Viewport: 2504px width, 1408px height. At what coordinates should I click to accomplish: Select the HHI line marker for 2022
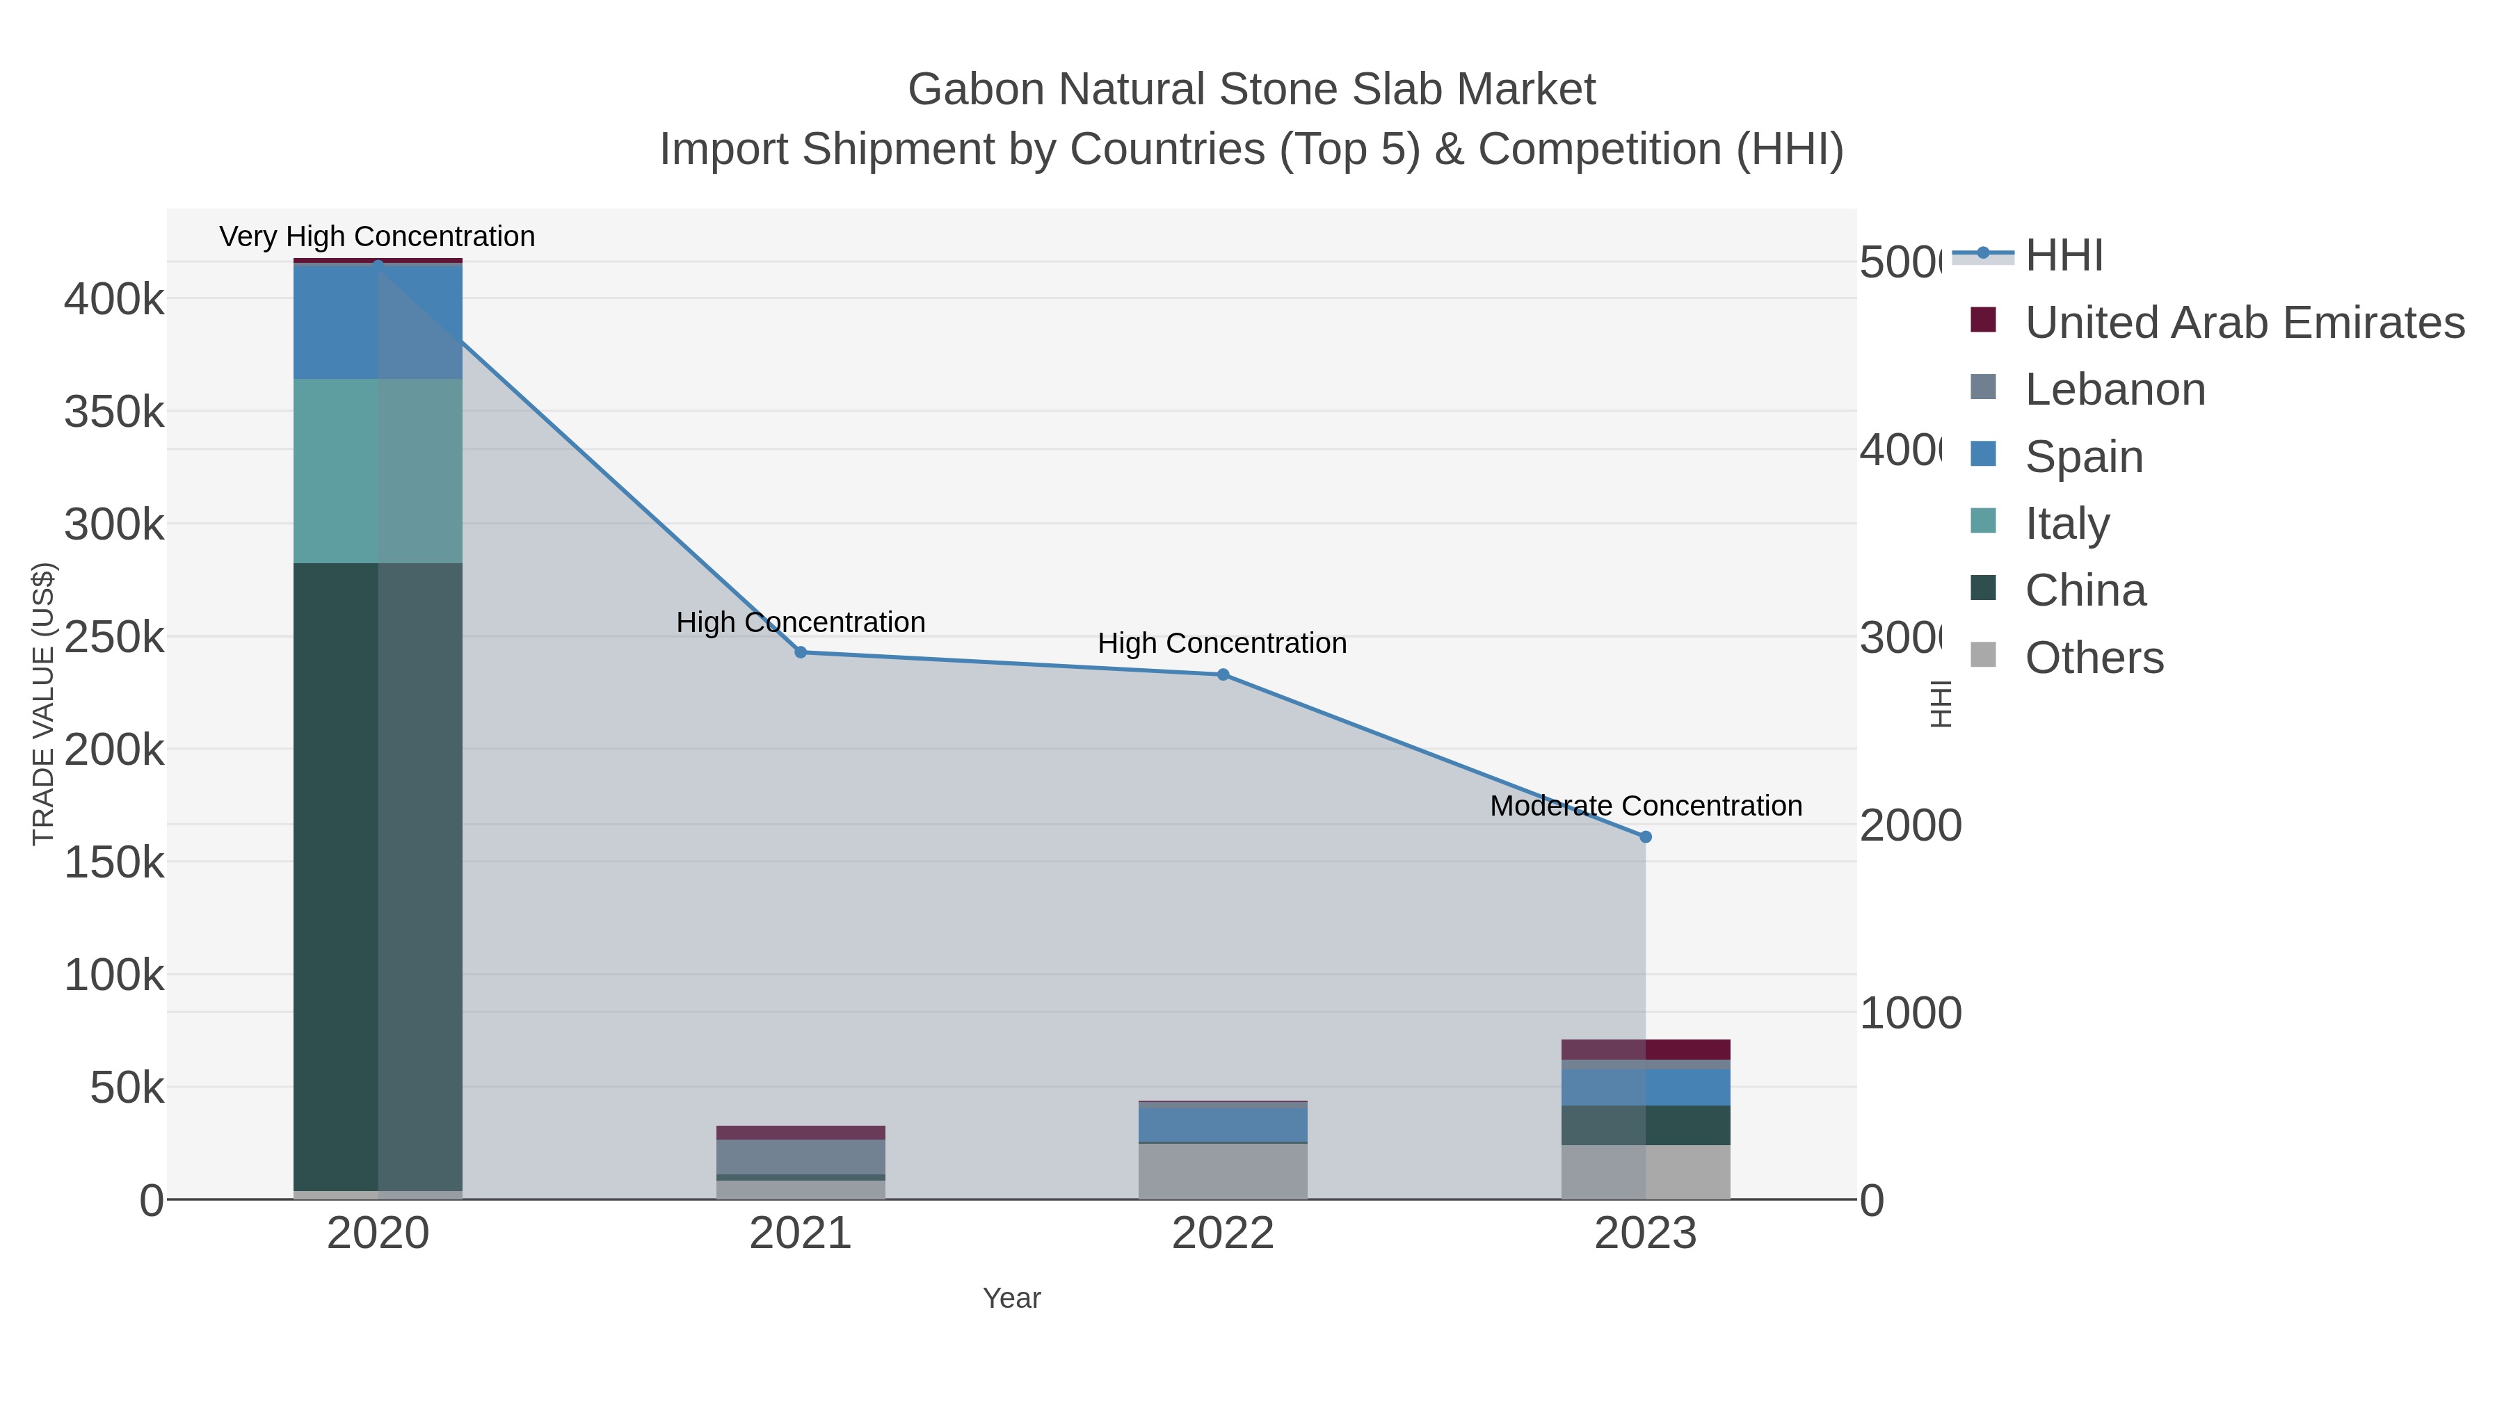coord(1223,674)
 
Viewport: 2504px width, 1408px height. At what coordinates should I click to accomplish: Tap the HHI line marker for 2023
coord(1645,836)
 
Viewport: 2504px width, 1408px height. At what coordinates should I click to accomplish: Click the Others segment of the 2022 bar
coord(1223,1170)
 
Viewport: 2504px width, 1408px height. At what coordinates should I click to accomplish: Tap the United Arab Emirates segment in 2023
coord(1645,1049)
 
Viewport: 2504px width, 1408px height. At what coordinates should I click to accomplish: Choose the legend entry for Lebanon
coord(2114,389)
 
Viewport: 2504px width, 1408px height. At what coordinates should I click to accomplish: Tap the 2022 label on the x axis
coord(1223,1233)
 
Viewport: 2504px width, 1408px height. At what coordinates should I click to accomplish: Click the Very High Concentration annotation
coord(377,237)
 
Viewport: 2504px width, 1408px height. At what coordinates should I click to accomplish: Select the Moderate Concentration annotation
coord(1645,806)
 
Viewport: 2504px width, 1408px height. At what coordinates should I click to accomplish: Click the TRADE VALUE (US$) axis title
coord(44,704)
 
